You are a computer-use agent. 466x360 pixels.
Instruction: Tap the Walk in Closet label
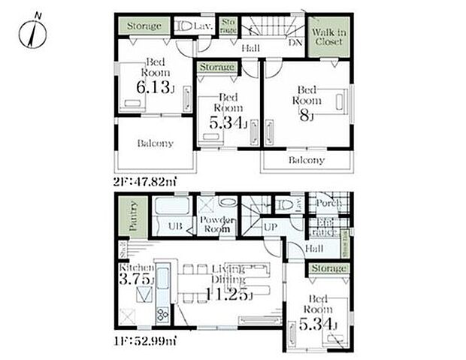(328, 37)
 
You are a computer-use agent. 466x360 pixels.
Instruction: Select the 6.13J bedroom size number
(153, 88)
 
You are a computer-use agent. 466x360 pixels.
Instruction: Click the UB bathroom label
(174, 225)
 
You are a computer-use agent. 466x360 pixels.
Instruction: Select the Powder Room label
(218, 223)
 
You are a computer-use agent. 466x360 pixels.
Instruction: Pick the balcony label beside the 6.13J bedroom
(155, 143)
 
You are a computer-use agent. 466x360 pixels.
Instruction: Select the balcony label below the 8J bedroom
(307, 160)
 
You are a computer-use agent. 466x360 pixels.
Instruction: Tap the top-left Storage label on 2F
(143, 26)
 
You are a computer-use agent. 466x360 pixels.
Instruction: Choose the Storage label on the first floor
(328, 268)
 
